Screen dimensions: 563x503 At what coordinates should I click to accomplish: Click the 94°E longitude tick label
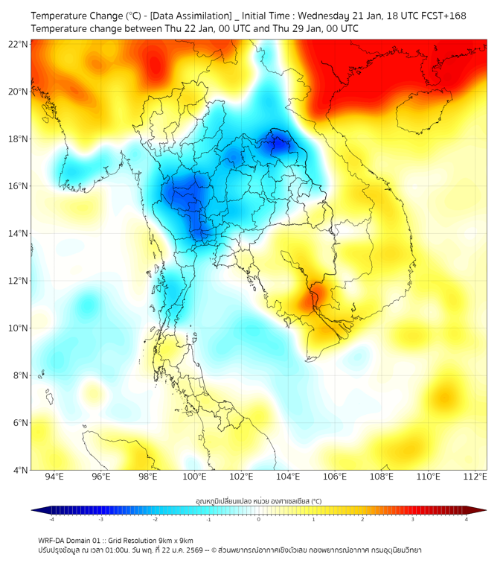(x=54, y=477)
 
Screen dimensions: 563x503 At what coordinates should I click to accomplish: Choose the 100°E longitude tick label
(x=195, y=477)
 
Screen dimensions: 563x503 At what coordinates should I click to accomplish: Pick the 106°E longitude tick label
(x=336, y=477)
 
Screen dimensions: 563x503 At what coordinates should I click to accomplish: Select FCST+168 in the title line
(x=439, y=16)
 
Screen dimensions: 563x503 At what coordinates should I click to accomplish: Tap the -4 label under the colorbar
(x=51, y=519)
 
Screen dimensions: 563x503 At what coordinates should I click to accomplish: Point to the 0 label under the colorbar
(x=259, y=519)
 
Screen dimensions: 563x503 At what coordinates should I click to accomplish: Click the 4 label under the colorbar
(x=467, y=519)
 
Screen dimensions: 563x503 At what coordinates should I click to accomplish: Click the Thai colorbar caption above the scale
(x=258, y=501)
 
